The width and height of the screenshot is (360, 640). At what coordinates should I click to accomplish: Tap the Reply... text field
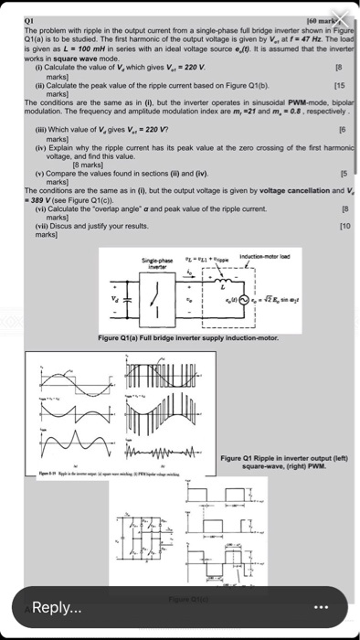(137, 607)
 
